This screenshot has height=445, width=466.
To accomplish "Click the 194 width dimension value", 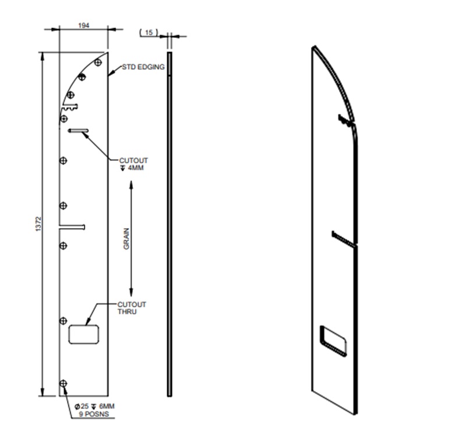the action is pyautogui.click(x=83, y=26).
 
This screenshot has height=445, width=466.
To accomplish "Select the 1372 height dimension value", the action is pyautogui.click(x=39, y=224).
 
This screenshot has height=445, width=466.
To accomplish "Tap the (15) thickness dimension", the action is pyautogui.click(x=149, y=33).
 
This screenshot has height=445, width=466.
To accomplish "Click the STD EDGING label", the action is pyautogui.click(x=143, y=67).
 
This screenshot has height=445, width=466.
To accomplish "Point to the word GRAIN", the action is pyautogui.click(x=126, y=239).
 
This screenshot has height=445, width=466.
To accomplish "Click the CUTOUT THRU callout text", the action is pyautogui.click(x=132, y=308).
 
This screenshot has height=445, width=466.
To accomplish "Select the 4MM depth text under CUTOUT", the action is pyautogui.click(x=136, y=168).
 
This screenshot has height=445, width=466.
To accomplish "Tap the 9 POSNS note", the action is pyautogui.click(x=94, y=414).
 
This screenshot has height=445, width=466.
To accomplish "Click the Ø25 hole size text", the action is pyautogui.click(x=82, y=407).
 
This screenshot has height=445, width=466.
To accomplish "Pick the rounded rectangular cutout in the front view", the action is pyautogui.click(x=84, y=335).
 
